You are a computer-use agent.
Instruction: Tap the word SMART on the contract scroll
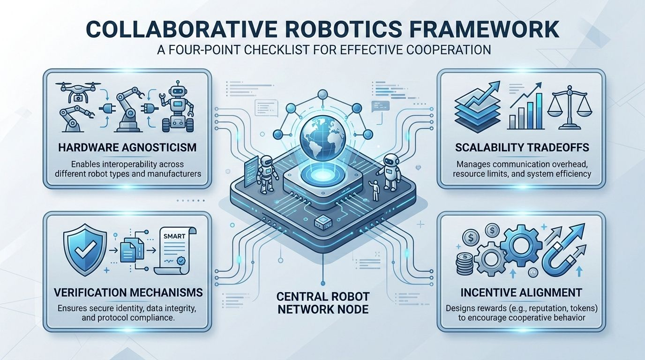[x=173, y=237]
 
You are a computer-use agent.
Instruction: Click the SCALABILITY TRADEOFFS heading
[x=518, y=148]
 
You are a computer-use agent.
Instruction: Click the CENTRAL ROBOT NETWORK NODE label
[x=322, y=303]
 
